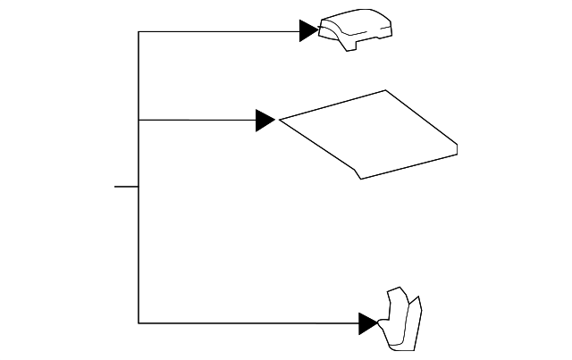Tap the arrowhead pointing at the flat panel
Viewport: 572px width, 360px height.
pos(265,120)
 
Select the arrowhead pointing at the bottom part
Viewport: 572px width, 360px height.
pos(368,323)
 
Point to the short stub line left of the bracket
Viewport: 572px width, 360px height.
pos(126,187)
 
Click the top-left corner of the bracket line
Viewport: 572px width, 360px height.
pos(139,31)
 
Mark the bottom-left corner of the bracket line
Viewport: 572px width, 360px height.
pos(139,322)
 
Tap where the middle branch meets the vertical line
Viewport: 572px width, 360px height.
pos(139,120)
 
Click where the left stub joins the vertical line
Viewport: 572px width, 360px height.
pos(139,187)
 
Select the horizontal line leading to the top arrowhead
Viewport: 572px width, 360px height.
pos(219,31)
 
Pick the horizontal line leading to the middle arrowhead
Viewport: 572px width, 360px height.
pos(197,120)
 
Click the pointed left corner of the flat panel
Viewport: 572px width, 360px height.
pos(281,119)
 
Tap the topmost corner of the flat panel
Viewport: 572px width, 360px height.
pos(386,90)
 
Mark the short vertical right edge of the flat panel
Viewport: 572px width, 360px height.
pos(458,149)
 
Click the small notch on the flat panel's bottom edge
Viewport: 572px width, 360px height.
pos(357,173)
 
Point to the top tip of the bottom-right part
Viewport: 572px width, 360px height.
pos(391,289)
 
